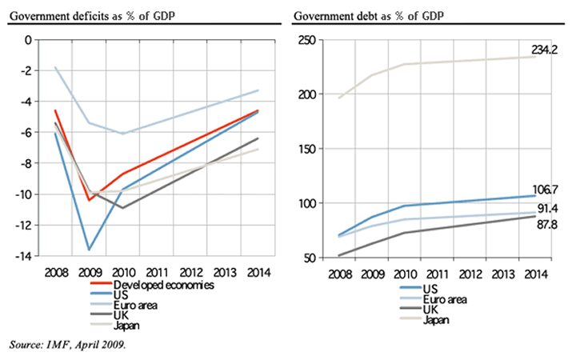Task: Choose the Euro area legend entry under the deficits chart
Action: [135, 305]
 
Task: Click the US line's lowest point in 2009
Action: [89, 250]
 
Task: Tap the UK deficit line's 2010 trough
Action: [122, 208]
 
